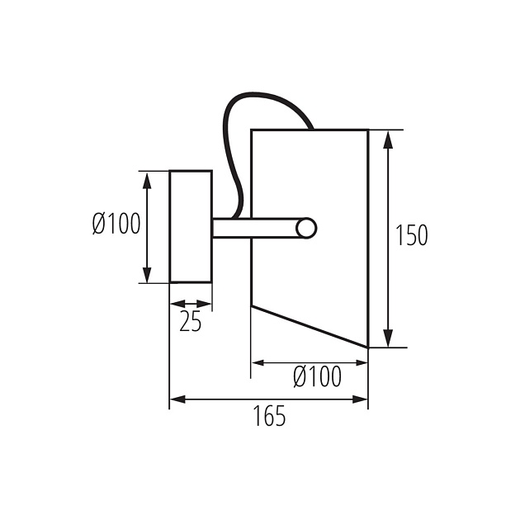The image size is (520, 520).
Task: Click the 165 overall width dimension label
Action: [269, 417]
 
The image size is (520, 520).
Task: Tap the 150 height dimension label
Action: [411, 236]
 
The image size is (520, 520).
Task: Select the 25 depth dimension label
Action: [191, 323]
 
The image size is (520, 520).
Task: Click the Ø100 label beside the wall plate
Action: [116, 225]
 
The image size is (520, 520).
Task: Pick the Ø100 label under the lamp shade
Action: [317, 378]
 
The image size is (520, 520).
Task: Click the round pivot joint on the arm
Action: [306, 228]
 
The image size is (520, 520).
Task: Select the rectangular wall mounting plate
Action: [191, 226]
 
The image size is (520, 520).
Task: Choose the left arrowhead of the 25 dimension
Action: [175, 305]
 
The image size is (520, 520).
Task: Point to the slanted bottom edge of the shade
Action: [310, 327]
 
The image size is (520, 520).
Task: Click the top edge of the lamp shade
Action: [310, 130]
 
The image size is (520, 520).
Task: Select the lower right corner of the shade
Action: [367, 347]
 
